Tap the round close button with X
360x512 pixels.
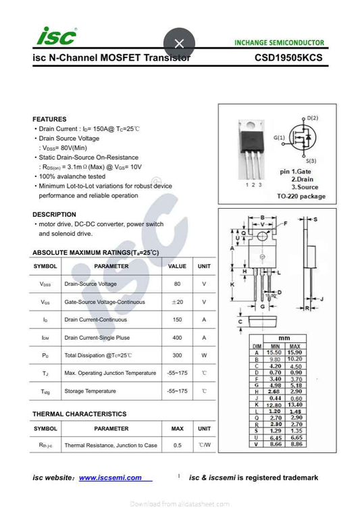click(x=179, y=43)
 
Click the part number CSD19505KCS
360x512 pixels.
click(x=288, y=58)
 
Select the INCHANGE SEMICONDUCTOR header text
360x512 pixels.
click(x=279, y=43)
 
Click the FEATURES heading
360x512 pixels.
click(x=49, y=119)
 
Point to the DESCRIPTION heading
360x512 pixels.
click(x=54, y=214)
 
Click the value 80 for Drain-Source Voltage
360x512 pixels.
click(x=177, y=284)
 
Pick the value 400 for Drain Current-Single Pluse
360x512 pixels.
click(x=177, y=338)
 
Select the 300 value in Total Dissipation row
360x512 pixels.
click(x=177, y=355)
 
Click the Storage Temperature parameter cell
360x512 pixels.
click(x=90, y=391)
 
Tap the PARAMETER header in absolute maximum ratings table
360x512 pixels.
click(x=111, y=266)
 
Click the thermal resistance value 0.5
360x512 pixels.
click(x=177, y=445)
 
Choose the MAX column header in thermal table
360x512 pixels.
click(x=177, y=428)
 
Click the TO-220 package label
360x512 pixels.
click(x=301, y=197)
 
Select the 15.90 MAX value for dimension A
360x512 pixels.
click(x=295, y=353)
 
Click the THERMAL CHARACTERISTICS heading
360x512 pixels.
click(x=79, y=413)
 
